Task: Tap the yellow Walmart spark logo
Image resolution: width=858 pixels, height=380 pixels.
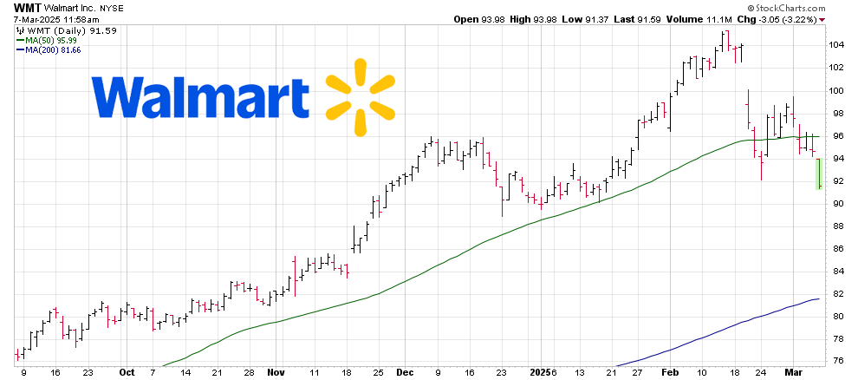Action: pos(357,98)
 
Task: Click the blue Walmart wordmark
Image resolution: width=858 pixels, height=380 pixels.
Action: pos(199,97)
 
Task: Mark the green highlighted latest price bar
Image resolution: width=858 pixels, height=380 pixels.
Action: pos(819,174)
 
